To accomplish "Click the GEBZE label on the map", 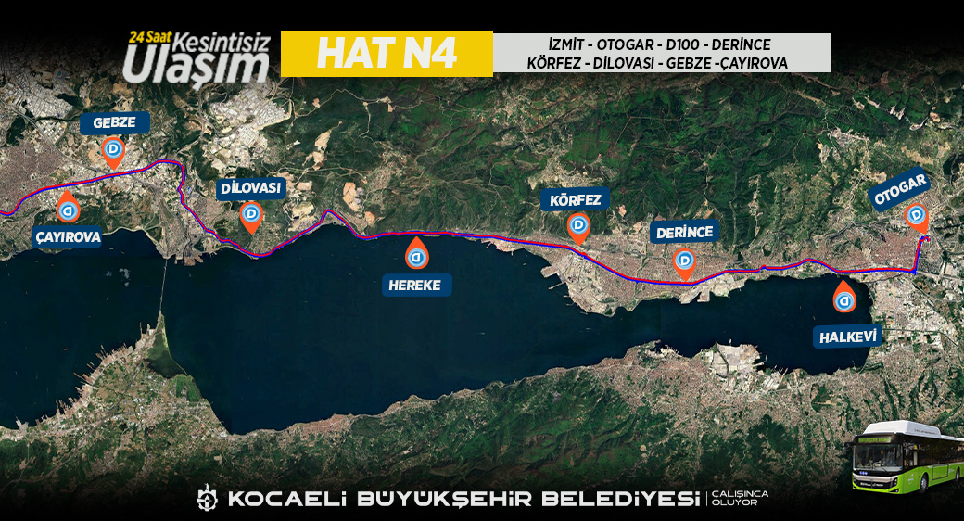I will point(115,123).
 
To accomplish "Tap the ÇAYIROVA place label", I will point(69,236).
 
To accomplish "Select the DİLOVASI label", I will point(250,189).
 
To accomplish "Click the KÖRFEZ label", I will point(576,200).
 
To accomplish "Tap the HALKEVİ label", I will point(848,337).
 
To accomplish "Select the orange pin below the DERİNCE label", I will point(684,263).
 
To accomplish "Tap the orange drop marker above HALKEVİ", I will point(844,299).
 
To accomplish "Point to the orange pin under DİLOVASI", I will point(250,217).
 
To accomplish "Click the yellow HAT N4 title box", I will point(387,54).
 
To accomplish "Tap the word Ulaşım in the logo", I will point(196,63).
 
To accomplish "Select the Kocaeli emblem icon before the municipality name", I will point(206,498).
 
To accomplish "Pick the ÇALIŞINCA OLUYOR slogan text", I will point(740,498).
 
